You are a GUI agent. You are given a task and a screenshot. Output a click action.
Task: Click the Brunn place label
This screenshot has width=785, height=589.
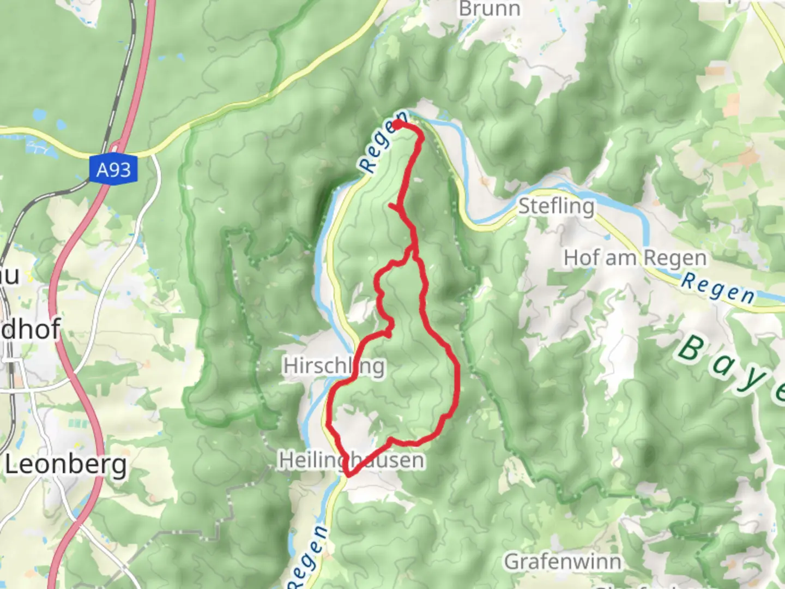point(490,9)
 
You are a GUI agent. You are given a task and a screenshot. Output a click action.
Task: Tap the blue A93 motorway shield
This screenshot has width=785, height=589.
point(113,170)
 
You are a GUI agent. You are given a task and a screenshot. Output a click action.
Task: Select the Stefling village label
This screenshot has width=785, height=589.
point(555,206)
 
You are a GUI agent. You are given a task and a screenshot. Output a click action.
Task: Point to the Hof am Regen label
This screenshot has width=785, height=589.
point(635,257)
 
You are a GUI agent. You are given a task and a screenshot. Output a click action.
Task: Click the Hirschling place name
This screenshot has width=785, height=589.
point(334,365)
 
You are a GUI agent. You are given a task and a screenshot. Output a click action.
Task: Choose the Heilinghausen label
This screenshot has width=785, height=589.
point(352,460)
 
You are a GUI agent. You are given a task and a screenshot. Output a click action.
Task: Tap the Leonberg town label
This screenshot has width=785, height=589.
point(65,465)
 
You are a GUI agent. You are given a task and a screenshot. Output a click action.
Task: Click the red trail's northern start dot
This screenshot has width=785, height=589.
point(397,124)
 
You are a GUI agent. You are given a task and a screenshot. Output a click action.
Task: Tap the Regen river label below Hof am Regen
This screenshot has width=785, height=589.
point(718,288)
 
